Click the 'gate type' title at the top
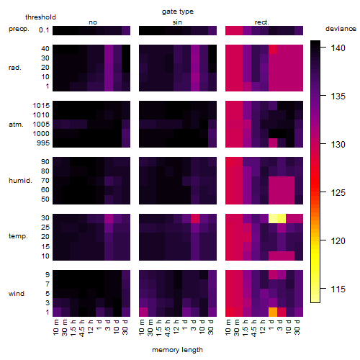[178, 12]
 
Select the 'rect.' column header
[262, 22]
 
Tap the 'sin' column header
[177, 22]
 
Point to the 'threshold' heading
[40, 17]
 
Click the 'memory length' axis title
[177, 350]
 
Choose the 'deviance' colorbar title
[341, 29]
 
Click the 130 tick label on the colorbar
[338, 145]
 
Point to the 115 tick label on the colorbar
[338, 289]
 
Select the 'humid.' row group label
[20, 181]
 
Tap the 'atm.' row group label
[16, 125]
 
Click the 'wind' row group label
[17, 294]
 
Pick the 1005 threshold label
[41, 125]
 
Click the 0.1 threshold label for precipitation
[44, 30]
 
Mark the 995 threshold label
[43, 143]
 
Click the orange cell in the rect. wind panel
[273, 312]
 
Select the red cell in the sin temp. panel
[195, 218]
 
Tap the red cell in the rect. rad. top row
[273, 49]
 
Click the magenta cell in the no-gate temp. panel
[109, 218]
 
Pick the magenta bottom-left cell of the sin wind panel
[143, 312]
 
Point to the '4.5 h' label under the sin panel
[168, 328]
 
